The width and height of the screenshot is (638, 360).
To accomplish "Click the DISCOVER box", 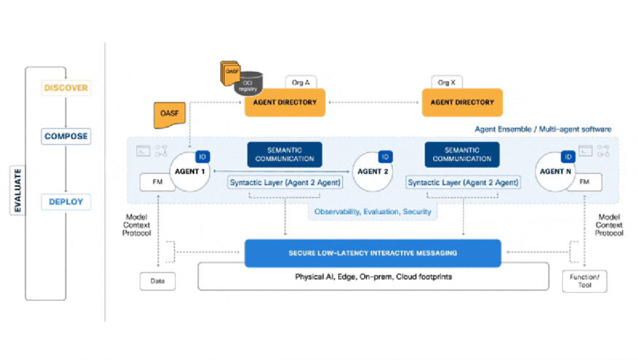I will pos(66,88).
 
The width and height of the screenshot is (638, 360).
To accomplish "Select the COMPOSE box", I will pos(66,136).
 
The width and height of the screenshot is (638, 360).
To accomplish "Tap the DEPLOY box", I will pos(66,202).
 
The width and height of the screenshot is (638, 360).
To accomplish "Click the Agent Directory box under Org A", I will pos(285,102).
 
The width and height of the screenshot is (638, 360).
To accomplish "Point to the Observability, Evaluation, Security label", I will pos(373,212).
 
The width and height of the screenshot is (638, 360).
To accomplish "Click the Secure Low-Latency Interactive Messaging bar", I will pos(373,253).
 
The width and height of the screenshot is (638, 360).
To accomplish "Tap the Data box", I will pos(157,281).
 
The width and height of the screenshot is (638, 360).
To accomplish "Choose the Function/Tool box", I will pos(585,281).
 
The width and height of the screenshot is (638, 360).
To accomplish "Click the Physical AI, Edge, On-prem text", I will pos(373,278).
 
